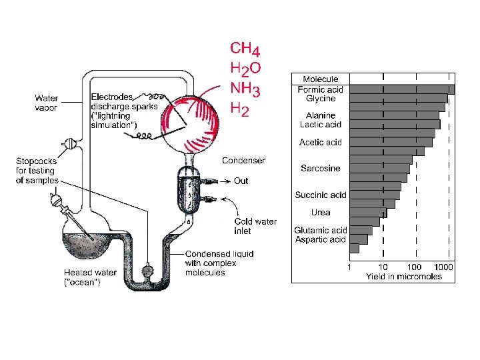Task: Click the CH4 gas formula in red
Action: (x=245, y=49)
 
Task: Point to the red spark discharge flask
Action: (x=189, y=117)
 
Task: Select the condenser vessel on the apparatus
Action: (x=191, y=189)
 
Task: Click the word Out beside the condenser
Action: (x=241, y=181)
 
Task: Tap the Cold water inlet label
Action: (x=255, y=226)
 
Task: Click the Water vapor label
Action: (x=46, y=103)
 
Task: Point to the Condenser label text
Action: (x=243, y=160)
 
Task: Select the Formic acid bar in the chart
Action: (x=402, y=89)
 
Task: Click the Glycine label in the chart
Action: (x=321, y=99)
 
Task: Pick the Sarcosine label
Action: (x=320, y=168)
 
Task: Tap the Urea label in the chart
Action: (x=321, y=213)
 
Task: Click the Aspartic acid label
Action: (x=320, y=239)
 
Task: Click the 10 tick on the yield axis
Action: (x=383, y=267)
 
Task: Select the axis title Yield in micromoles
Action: (x=403, y=276)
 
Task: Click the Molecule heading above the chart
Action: (x=321, y=79)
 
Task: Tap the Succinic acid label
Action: (x=321, y=195)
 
